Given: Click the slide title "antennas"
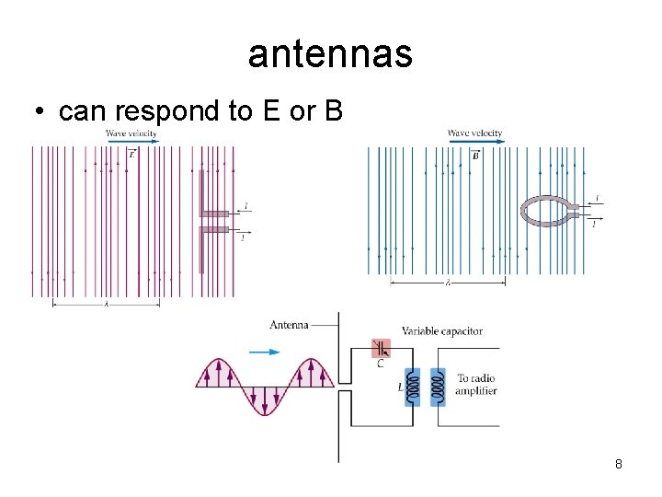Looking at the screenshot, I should pos(330,56).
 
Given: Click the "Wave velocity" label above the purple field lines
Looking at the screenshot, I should pos(131,133).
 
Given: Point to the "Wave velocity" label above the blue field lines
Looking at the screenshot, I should pos(474,133).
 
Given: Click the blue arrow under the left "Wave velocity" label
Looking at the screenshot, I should pos(131,142).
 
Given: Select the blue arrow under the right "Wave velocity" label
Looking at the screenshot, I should pos(474,142).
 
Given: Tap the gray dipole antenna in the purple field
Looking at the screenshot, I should pos(201,222).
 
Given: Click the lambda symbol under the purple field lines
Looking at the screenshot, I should pos(106,304).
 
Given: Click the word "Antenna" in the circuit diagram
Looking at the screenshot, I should pos(289,325).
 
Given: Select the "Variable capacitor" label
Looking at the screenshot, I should pos(441,331).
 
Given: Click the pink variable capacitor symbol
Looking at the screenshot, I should pos(381,348).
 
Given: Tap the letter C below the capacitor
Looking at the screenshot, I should pos(381,364).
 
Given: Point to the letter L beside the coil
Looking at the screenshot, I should pos(400,387).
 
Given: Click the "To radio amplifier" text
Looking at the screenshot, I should pos(476,385).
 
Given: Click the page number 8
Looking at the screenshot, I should pos(619,464).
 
